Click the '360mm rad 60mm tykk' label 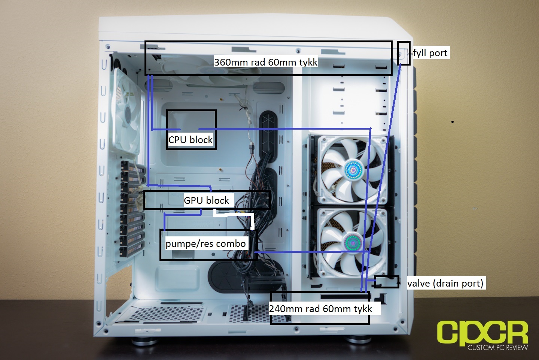click(x=266, y=62)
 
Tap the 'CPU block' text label click(x=190, y=140)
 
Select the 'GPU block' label click(x=206, y=200)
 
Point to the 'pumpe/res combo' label click(x=205, y=244)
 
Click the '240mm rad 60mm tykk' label click(x=320, y=309)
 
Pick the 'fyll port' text click(x=430, y=53)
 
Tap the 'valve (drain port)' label click(x=445, y=284)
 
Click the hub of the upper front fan click(x=353, y=170)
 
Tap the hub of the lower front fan click(x=353, y=242)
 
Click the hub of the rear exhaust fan click(x=128, y=112)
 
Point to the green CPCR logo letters click(x=482, y=333)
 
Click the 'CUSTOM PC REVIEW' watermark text click(x=497, y=347)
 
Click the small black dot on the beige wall click(x=453, y=122)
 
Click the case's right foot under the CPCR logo click(x=358, y=339)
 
